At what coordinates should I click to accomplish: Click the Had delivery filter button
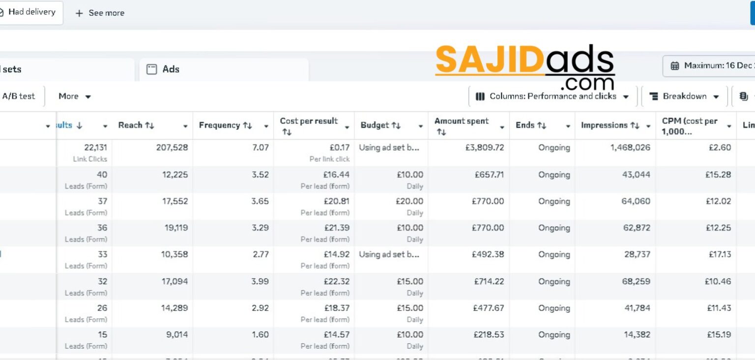click(31, 12)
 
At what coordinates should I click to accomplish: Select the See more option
click(100, 13)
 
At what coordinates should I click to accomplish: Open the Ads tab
click(170, 69)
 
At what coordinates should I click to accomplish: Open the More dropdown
click(75, 96)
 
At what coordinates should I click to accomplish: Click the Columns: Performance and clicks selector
click(552, 96)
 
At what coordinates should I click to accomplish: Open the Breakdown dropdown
click(684, 96)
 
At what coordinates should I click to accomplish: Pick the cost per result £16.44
click(336, 175)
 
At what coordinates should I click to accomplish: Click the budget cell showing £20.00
click(409, 201)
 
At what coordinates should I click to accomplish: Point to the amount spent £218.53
click(489, 334)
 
